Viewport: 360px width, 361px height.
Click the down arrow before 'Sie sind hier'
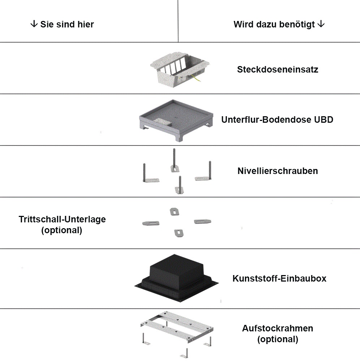(34, 24)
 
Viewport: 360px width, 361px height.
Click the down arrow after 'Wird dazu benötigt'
(321, 24)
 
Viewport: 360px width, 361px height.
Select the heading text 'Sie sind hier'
(67, 24)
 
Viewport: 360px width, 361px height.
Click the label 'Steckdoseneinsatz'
(278, 69)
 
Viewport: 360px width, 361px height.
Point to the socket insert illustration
(180, 69)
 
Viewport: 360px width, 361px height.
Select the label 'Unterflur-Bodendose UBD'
(277, 119)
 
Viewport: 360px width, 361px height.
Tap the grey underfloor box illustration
(176, 120)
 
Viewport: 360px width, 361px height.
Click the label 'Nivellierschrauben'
(278, 171)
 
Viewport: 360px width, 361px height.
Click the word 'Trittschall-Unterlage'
(62, 219)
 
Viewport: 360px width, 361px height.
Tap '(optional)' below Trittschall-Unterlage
(62, 230)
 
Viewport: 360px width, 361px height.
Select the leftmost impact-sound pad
(151, 223)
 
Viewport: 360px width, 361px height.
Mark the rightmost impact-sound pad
(203, 222)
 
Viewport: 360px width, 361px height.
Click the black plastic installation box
(177, 278)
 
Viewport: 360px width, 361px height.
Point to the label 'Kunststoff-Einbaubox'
(279, 278)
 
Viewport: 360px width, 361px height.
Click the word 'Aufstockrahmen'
(278, 328)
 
